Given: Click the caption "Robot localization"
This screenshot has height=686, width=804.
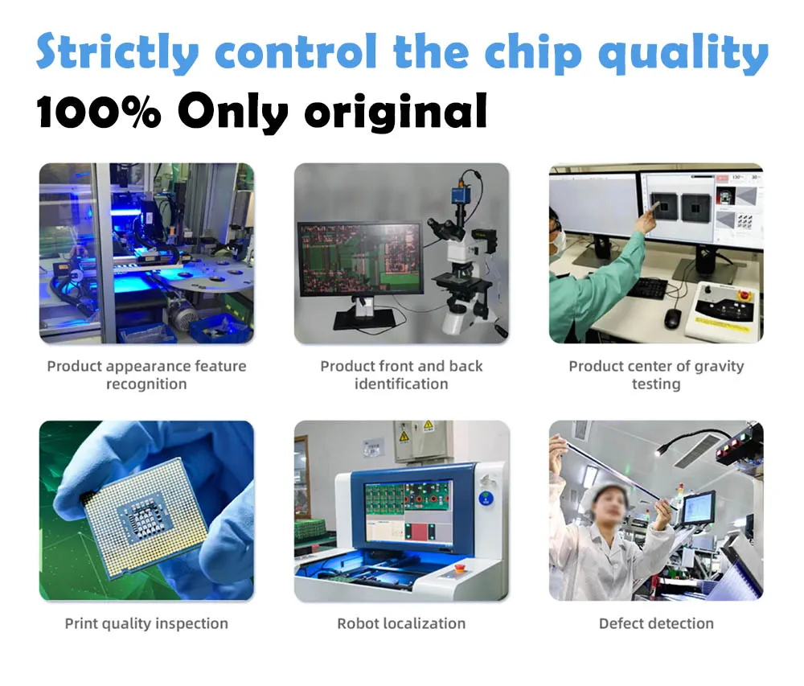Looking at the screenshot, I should pyautogui.click(x=401, y=623).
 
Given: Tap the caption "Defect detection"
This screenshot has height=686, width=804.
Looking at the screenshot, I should pyautogui.click(x=656, y=623).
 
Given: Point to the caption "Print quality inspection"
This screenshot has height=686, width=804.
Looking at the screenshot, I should pyautogui.click(x=146, y=623).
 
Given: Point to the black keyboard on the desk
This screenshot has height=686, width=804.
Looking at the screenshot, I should pyautogui.click(x=648, y=288).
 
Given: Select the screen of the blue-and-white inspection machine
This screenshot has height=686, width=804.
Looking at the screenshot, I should pyautogui.click(x=408, y=511).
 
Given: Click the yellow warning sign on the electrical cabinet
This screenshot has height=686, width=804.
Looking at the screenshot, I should pyautogui.click(x=428, y=425).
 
